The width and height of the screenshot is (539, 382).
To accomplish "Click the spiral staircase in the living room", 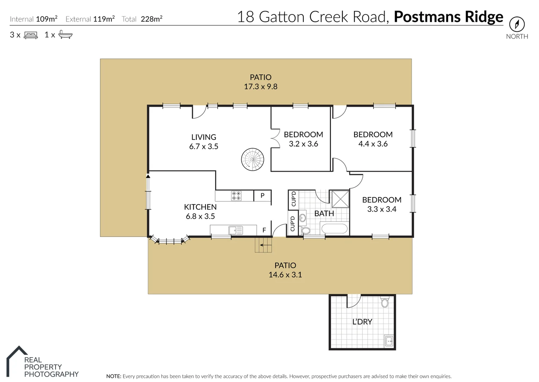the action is tap(253, 160).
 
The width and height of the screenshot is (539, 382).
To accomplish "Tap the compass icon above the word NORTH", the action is tap(517, 24).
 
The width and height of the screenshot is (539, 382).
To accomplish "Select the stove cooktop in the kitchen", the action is tap(236, 196).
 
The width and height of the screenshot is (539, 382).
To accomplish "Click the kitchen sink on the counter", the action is tap(236, 230).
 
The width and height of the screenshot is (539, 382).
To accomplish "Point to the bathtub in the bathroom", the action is tap(334, 228).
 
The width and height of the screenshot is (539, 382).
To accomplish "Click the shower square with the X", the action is tap(340, 199).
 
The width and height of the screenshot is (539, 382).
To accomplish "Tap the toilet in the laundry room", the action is tap(385, 302).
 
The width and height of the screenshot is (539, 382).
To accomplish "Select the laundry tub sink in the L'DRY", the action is tap(389, 341).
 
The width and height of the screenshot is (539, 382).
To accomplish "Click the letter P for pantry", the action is tap(262, 196).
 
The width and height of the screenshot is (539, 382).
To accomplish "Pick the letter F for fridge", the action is tap(264, 230).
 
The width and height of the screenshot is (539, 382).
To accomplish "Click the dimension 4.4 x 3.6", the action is tap(373, 144).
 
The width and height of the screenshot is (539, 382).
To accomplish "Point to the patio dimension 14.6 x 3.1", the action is tap(285, 275).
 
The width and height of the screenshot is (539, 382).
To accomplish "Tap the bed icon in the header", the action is tap(31, 35).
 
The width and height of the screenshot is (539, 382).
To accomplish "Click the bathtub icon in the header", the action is tap(65, 34).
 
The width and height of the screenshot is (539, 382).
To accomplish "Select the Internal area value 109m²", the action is tap(47, 19).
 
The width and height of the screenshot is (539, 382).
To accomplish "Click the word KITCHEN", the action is tap(200, 207).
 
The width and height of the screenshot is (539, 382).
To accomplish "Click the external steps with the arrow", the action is tap(263, 245).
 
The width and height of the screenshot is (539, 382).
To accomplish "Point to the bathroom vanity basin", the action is tap(302, 218).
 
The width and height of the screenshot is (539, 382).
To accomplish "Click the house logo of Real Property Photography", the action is tap(17, 361).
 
